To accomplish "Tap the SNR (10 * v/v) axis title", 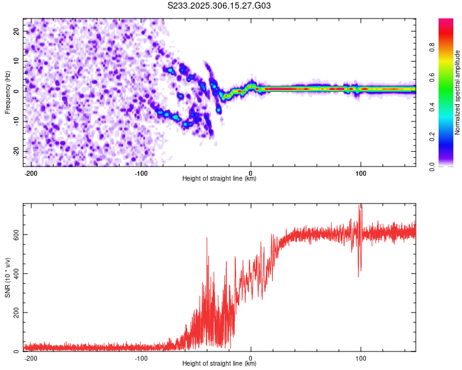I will coord(7,278).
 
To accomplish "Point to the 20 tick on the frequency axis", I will coord(17,31).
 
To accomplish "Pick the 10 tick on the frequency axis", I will coord(17,61).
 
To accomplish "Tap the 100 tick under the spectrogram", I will coord(361,173).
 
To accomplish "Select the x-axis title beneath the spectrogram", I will coord(219,179).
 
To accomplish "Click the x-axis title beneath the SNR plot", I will coord(219,364).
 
